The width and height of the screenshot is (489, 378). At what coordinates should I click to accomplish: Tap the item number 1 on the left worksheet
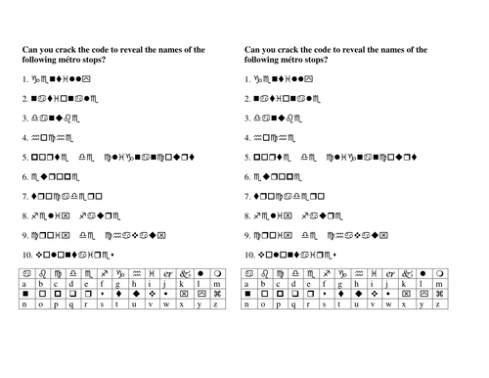(24, 77)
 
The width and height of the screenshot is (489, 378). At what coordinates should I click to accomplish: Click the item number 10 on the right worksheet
(250, 255)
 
